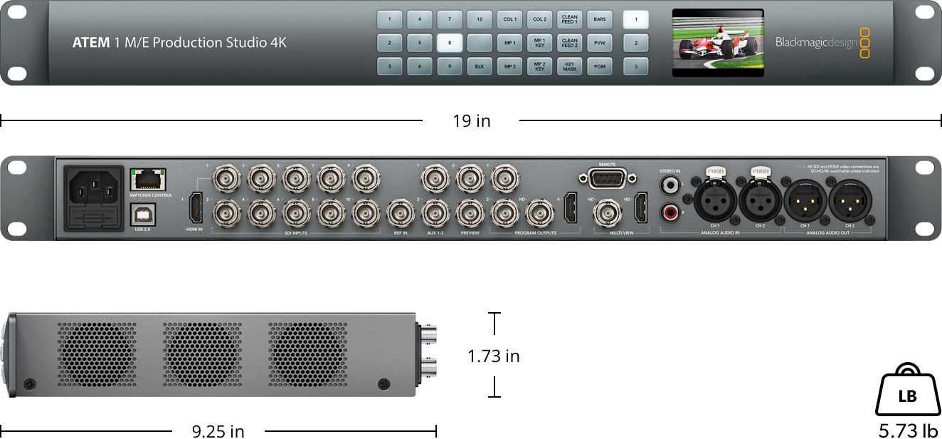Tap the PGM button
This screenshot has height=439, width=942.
600,66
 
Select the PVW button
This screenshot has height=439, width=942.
600,43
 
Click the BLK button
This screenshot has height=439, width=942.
480,66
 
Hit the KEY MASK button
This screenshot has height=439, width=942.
570,66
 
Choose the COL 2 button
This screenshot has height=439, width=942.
540,19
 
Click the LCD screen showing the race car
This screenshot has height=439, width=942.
717,43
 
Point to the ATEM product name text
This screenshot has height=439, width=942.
179,43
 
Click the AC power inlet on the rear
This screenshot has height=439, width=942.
94,197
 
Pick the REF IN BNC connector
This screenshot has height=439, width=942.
400,212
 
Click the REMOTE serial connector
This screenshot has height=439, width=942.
607,178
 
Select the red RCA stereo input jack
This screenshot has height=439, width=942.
670,212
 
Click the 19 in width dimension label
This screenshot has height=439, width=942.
471,121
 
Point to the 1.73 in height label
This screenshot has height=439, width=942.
493,356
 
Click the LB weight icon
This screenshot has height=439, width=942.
907,394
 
